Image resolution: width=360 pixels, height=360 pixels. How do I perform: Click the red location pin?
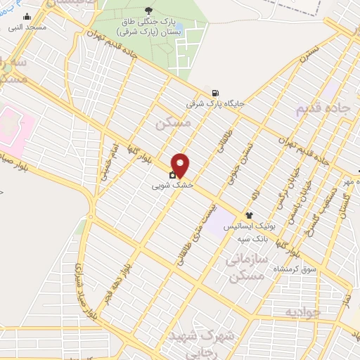tap(181, 165)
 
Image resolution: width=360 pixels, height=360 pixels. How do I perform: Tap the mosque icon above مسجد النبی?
tap(27, 16)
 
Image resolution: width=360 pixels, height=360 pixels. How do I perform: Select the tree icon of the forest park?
tap(148, 10)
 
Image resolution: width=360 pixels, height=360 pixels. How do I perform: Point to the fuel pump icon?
tap(214, 93)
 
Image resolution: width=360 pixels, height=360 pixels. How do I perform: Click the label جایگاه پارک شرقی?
tap(214, 103)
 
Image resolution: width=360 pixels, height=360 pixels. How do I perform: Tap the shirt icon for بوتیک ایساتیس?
tap(249, 215)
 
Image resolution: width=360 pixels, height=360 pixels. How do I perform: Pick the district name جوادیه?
tap(302, 310)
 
